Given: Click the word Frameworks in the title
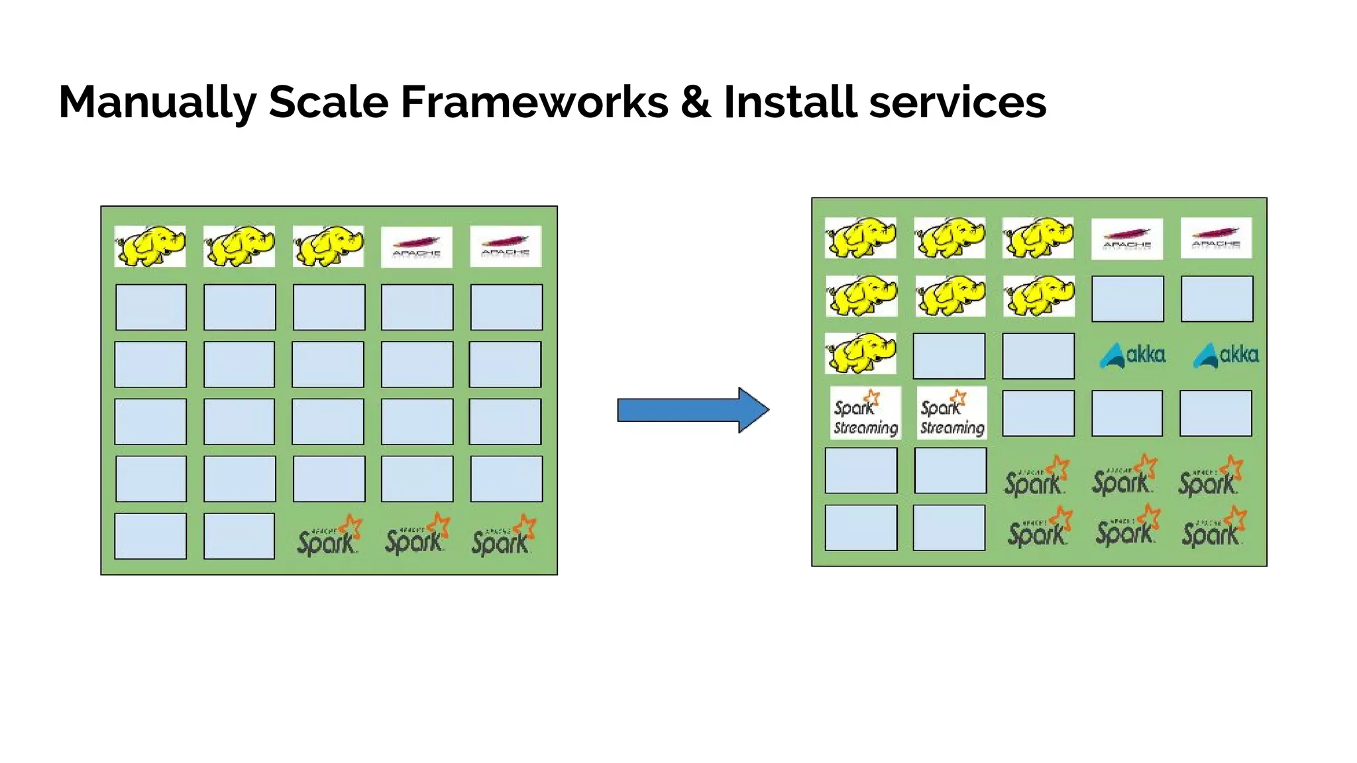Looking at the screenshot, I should (534, 103).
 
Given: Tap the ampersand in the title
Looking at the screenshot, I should (695, 103).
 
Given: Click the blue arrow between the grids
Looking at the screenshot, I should (692, 410).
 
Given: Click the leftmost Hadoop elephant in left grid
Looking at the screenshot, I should (150, 246).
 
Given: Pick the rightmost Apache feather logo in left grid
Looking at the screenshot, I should (506, 246).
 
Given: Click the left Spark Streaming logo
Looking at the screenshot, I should (865, 413).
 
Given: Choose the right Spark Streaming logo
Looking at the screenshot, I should (951, 413).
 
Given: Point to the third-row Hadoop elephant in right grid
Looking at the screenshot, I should (860, 353).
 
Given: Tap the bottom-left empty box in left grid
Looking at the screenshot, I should (150, 536).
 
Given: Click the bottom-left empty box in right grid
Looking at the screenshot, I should (861, 528).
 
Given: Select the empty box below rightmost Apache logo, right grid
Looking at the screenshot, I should (1217, 299).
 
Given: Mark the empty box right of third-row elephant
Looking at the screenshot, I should (949, 356).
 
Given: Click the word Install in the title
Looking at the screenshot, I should (790, 103).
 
